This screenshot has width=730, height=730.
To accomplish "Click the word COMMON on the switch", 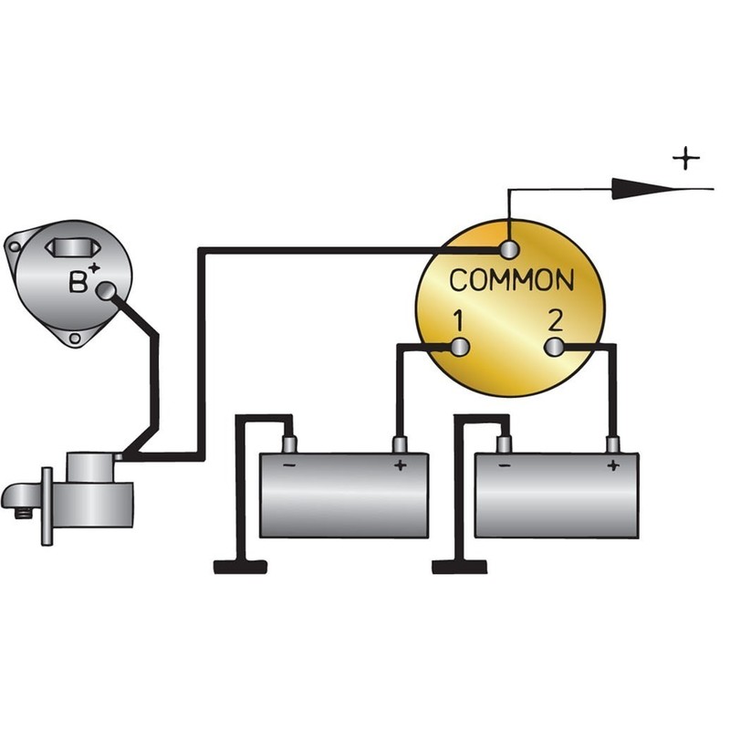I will (x=512, y=280).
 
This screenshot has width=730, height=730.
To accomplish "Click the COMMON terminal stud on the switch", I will (x=508, y=249).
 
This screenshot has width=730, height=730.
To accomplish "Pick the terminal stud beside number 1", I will (x=460, y=346).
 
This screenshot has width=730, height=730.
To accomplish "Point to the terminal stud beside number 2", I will (x=555, y=347).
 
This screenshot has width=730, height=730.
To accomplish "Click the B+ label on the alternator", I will (x=82, y=281).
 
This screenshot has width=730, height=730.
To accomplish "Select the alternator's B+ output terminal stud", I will (x=108, y=292).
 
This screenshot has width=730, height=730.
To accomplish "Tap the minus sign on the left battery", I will (x=289, y=464).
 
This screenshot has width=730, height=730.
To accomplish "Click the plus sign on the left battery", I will (x=399, y=465).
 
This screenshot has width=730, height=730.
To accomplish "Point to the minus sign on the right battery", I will (x=505, y=464).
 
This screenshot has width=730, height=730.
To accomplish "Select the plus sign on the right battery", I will (x=612, y=465).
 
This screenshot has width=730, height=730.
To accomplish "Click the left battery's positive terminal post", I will (x=399, y=444).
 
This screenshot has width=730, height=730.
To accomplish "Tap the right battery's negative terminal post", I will (x=504, y=443).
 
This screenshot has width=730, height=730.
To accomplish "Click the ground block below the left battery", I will (x=240, y=567).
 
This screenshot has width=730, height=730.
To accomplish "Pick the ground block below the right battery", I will (x=459, y=567).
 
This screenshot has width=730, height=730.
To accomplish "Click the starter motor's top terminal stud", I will (x=120, y=455).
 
